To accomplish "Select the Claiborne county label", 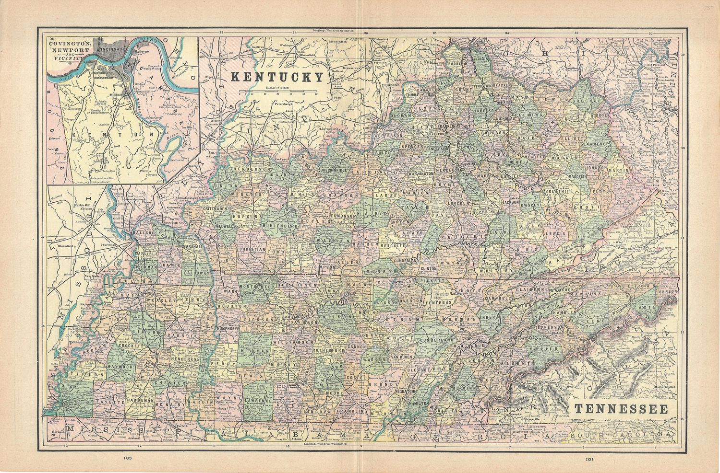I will tap(532, 289).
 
